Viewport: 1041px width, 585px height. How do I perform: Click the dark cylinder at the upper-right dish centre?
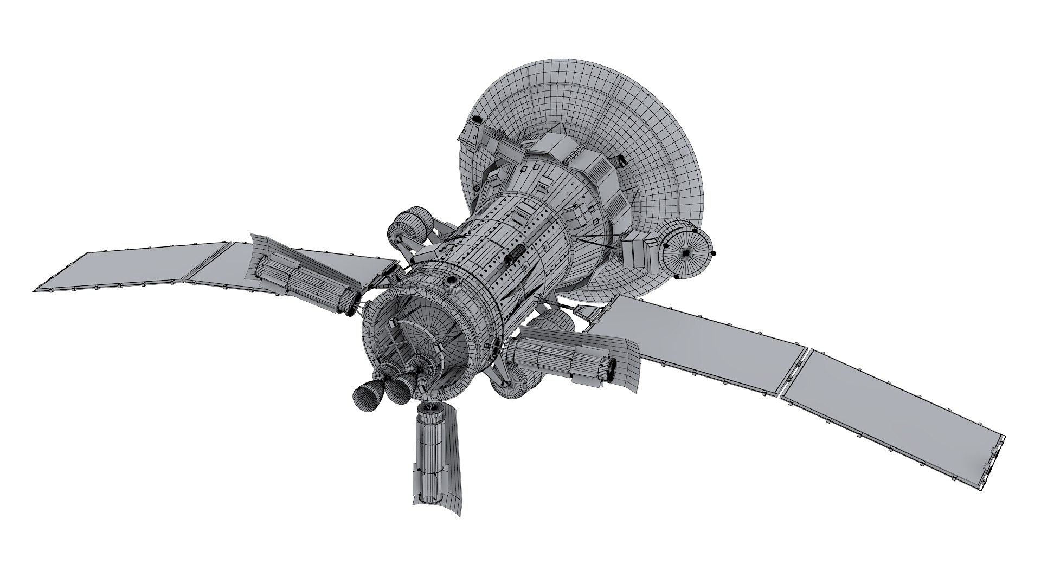point(620,160)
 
